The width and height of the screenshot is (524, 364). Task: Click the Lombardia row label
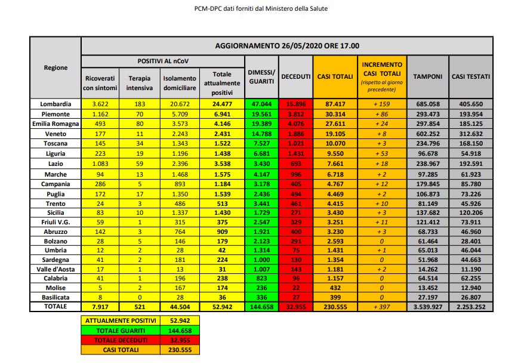(x=56, y=104)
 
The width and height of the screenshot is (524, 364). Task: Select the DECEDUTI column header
(x=296, y=77)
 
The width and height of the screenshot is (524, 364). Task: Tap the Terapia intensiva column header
(x=139, y=82)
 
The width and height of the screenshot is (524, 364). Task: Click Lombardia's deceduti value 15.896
(x=296, y=104)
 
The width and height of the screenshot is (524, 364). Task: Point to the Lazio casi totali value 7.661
(x=335, y=164)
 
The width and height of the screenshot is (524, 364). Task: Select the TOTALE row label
(x=56, y=306)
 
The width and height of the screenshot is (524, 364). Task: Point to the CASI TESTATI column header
(x=471, y=77)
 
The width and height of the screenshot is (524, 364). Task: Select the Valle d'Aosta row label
(x=56, y=269)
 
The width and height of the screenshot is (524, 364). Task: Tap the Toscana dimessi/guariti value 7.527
(x=261, y=144)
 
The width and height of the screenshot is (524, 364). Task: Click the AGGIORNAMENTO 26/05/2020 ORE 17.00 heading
(x=286, y=46)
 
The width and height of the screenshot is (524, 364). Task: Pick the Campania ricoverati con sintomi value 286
(x=100, y=184)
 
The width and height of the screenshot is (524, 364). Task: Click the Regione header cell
(x=56, y=68)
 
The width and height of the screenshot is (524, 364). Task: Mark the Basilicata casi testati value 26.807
(x=471, y=297)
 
